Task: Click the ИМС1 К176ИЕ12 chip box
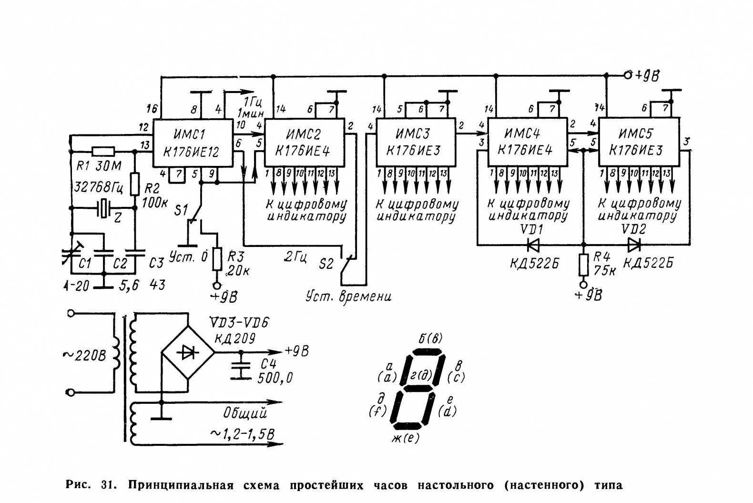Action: pyautogui.click(x=193, y=143)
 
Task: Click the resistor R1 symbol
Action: pyautogui.click(x=103, y=152)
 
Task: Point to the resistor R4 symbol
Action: pyautogui.click(x=583, y=265)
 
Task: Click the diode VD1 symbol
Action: pyautogui.click(x=533, y=245)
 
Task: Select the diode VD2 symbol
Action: pyautogui.click(x=634, y=245)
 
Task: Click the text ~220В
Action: pyautogui.click(x=85, y=355)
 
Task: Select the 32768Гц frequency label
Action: pyautogui.click(x=97, y=186)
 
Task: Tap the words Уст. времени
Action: pyautogui.click(x=348, y=297)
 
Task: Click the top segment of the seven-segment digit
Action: pyautogui.click(x=427, y=352)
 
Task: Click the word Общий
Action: pyautogui.click(x=244, y=413)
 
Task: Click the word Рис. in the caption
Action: pyautogui.click(x=78, y=485)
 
